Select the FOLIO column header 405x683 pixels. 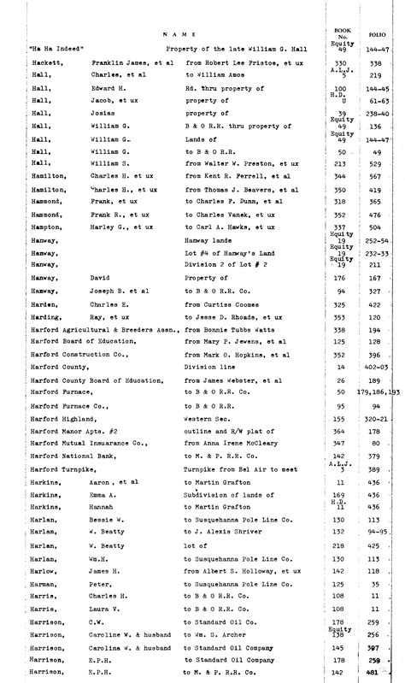pos(373,35)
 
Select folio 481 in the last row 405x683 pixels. pos(373,674)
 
